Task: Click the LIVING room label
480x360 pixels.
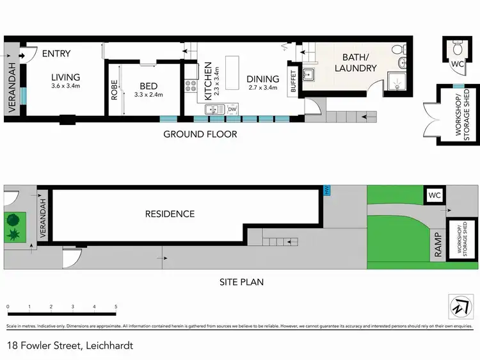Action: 66,76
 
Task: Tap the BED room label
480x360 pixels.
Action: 148,86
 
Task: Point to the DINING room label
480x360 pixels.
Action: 263,79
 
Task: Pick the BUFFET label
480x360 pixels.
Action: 294,81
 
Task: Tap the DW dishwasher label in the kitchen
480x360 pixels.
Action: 232,110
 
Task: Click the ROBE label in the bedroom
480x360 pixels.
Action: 114,88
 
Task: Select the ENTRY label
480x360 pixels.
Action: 56,54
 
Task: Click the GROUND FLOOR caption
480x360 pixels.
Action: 200,134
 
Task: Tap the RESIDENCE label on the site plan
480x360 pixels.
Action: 170,214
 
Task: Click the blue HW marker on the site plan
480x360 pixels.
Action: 328,190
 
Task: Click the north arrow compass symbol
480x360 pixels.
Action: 458,306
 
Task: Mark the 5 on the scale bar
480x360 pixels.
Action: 116,307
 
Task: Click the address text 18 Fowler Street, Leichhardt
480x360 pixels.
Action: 69,345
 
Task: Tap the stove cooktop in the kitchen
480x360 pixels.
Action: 191,84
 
